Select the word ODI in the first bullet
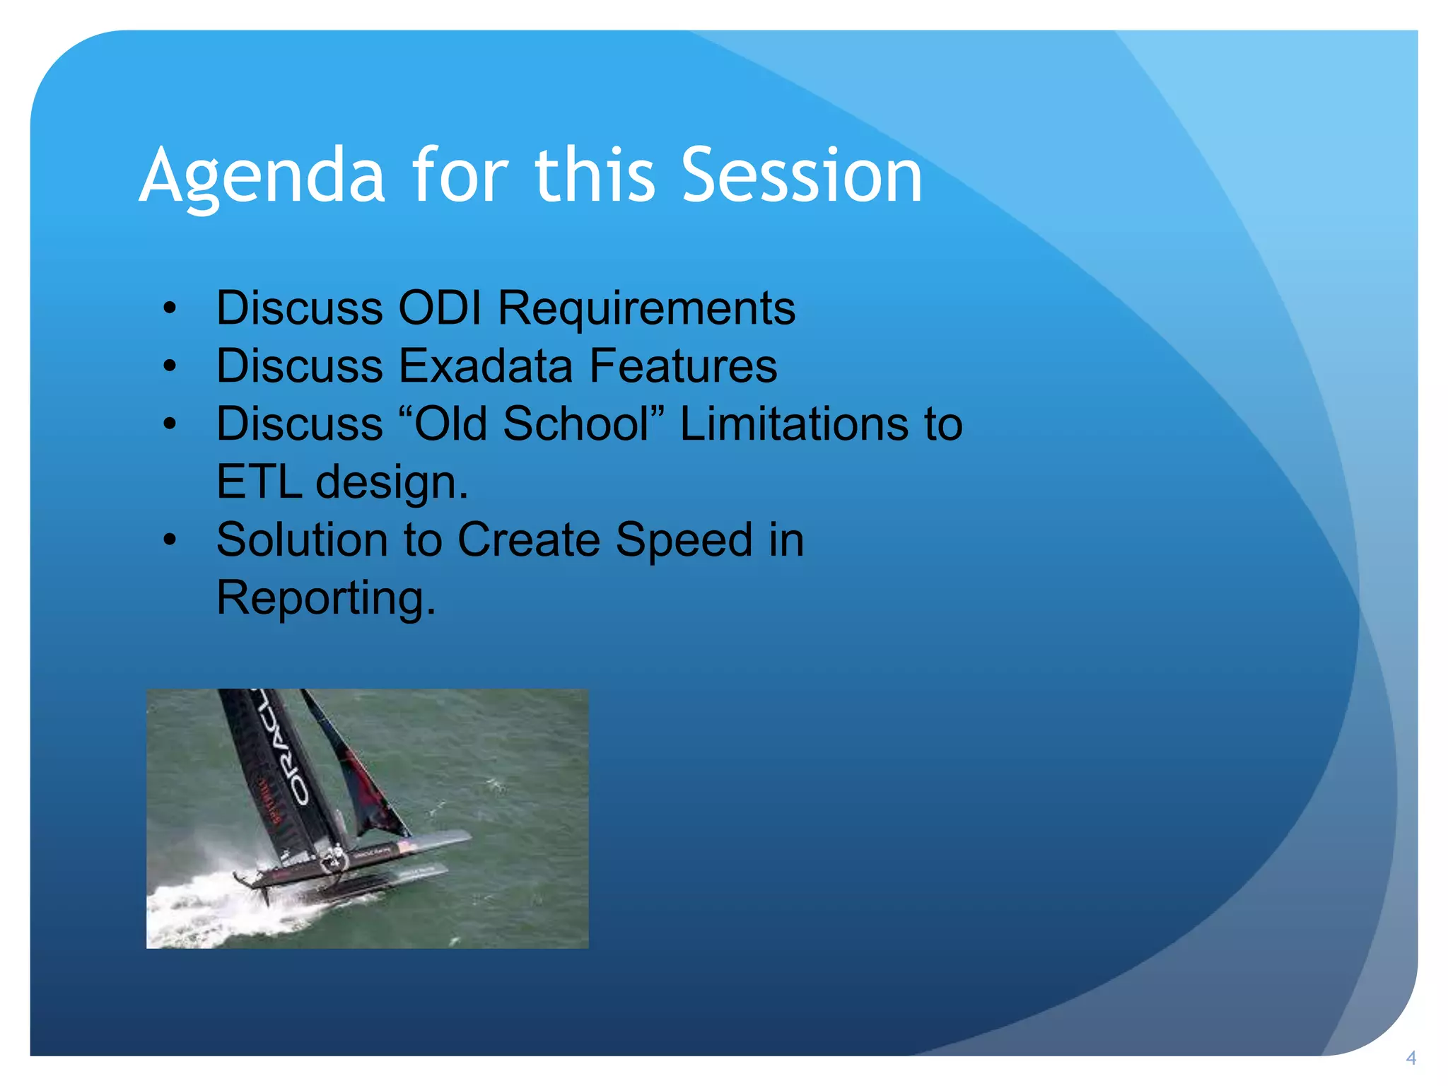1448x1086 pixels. [439, 308]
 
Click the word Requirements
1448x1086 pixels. [646, 308]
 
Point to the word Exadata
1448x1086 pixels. [486, 366]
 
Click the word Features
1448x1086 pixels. [683, 366]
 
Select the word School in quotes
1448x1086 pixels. [576, 424]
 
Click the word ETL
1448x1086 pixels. [258, 482]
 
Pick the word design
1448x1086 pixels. [391, 482]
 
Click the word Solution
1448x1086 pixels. [302, 540]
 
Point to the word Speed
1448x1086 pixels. [683, 540]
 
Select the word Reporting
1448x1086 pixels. [326, 598]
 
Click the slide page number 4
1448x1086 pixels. [1411, 1058]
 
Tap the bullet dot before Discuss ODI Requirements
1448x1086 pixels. [169, 309]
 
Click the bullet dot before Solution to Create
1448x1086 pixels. [169, 541]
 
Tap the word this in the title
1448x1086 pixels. [595, 175]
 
